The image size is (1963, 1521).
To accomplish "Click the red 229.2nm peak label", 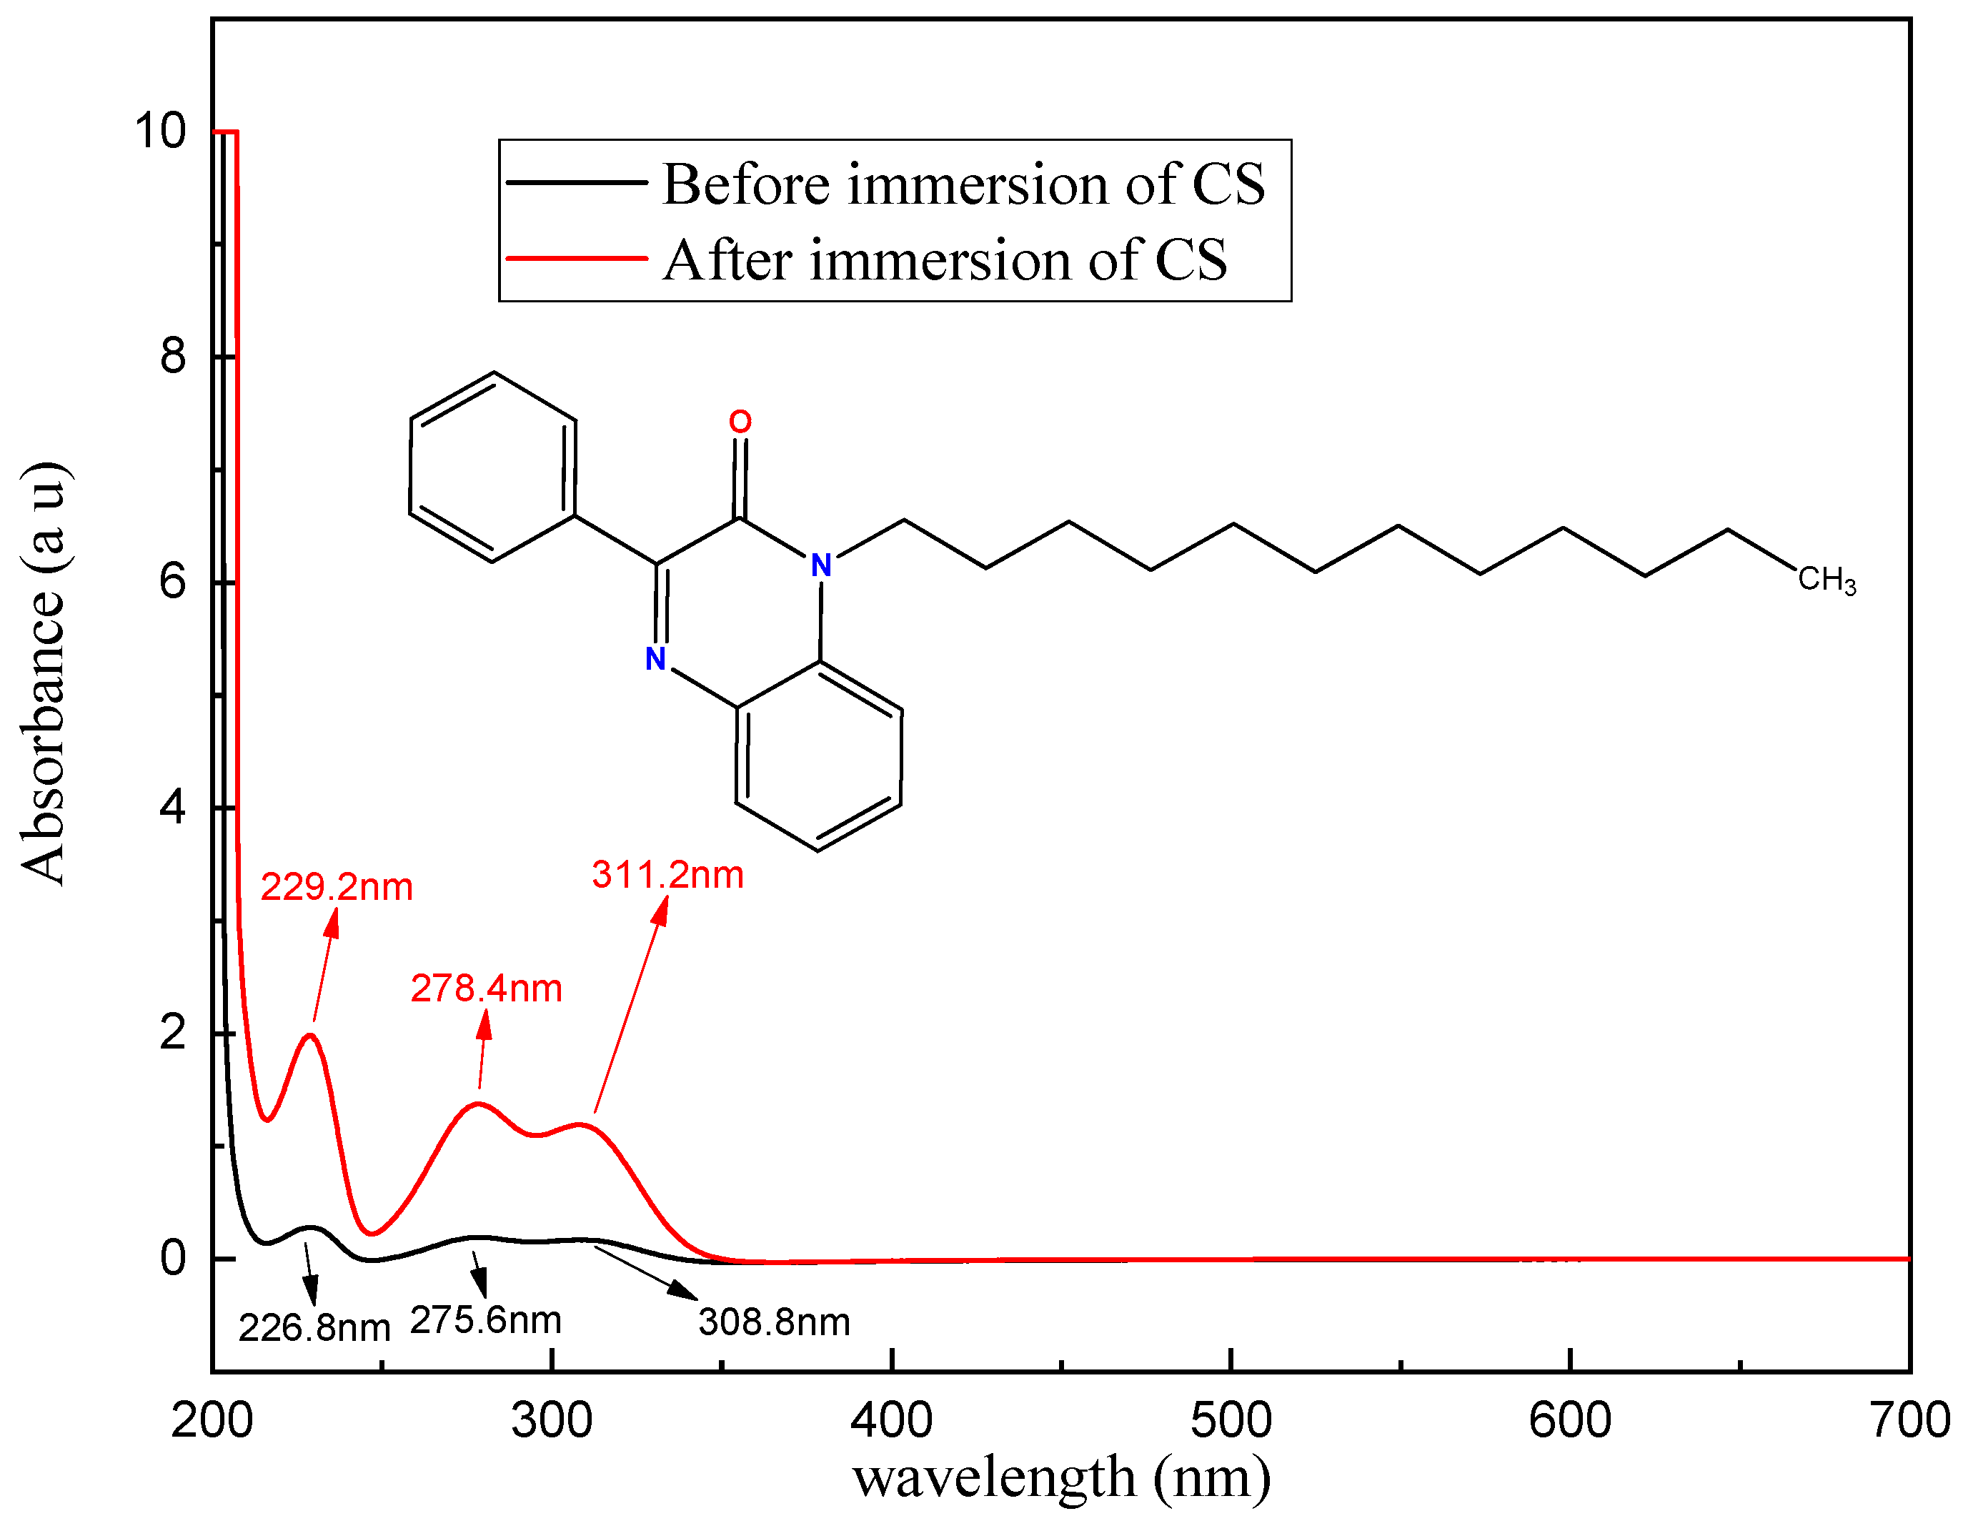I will click(336, 887).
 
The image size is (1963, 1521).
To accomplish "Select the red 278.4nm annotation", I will click(486, 989).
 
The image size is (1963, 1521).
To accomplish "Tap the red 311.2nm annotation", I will click(668, 875).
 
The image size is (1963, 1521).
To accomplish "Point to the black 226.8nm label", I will click(314, 1328).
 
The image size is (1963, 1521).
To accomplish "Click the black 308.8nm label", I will click(774, 1322).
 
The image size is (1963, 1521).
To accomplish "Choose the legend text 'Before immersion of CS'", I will click(963, 184).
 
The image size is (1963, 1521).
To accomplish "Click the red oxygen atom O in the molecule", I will click(740, 422).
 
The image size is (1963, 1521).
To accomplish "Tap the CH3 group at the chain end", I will click(1827, 580).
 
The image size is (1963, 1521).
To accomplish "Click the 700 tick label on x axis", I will click(1909, 1421).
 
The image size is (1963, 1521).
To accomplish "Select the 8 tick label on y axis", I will click(172, 356).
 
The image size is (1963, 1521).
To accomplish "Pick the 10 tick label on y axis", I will click(160, 132).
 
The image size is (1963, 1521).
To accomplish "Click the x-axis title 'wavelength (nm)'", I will click(1061, 1477).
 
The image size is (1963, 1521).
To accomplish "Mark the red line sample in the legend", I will click(576, 259).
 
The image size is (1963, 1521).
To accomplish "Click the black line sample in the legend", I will click(576, 182).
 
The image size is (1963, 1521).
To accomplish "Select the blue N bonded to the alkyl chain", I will click(820, 565).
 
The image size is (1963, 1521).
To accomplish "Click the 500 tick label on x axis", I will click(1231, 1421).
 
